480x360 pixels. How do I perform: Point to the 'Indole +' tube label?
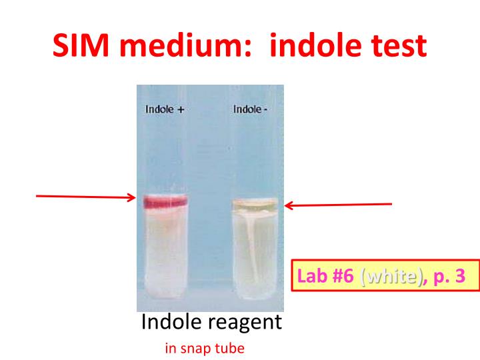(x=164, y=110)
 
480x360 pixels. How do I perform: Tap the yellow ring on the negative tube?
(x=254, y=200)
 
